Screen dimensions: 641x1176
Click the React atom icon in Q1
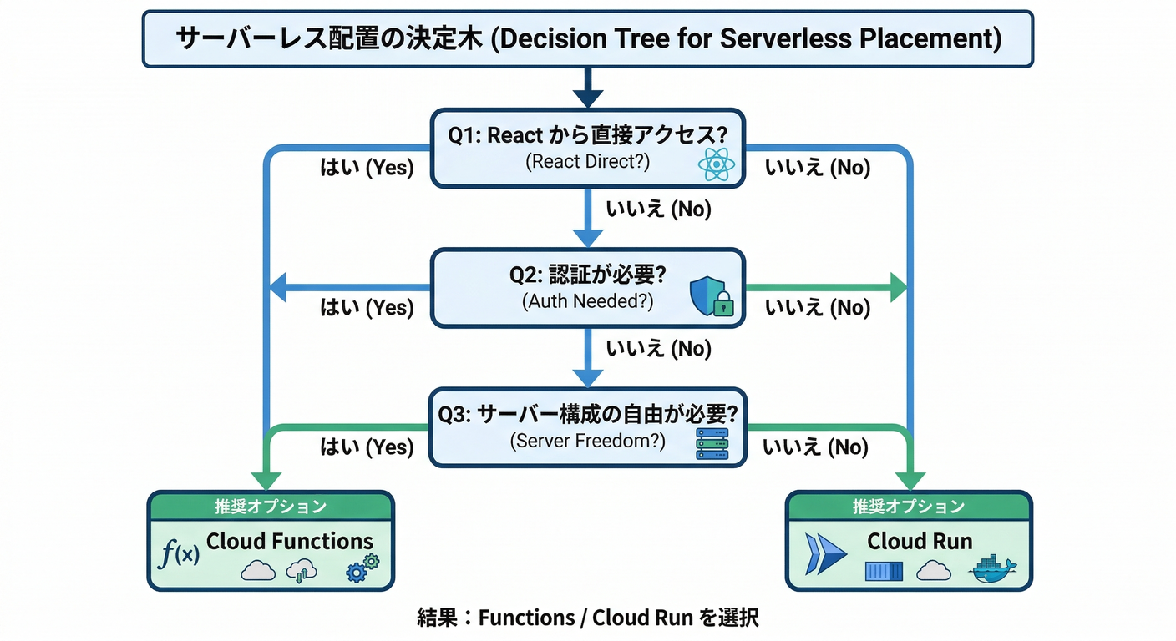point(716,164)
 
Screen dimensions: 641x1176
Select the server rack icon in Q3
point(712,444)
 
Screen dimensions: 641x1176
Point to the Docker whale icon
point(992,569)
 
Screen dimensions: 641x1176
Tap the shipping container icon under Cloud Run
point(885,572)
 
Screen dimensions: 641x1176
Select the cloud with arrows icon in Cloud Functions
point(302,570)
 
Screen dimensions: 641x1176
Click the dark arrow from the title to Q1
point(588,88)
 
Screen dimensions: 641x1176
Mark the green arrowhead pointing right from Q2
point(897,288)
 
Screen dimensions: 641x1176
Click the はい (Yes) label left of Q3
point(367,447)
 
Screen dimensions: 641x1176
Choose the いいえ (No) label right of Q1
point(818,168)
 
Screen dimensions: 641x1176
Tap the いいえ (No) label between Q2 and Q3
point(658,349)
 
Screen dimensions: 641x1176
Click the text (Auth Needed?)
point(587,301)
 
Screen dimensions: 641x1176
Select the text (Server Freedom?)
point(587,441)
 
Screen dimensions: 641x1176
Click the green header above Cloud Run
point(909,507)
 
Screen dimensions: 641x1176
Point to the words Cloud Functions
point(290,541)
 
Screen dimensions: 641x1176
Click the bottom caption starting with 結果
point(587,618)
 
